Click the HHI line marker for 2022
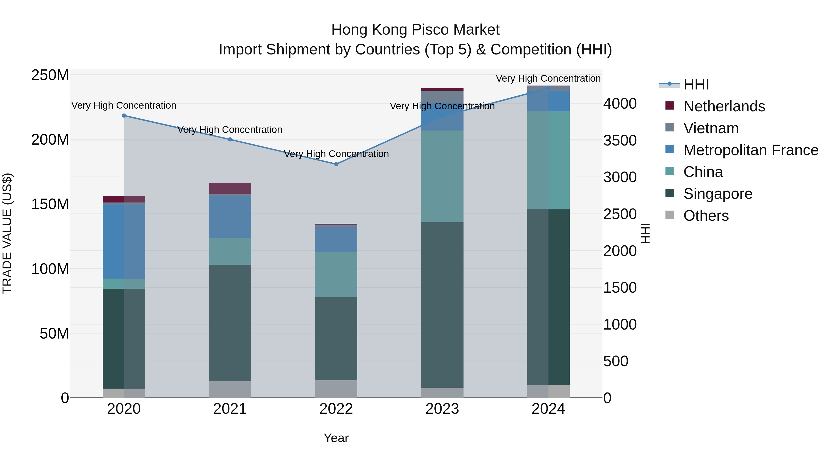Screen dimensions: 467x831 point(336,164)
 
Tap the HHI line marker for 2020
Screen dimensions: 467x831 point(124,115)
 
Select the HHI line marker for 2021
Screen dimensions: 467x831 point(230,140)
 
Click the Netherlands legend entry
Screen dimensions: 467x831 point(724,106)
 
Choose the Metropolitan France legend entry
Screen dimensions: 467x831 point(750,150)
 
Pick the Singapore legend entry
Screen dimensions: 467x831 point(717,194)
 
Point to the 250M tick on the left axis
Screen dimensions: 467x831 point(50,75)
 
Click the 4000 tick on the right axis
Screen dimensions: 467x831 point(620,104)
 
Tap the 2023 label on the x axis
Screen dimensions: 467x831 point(442,409)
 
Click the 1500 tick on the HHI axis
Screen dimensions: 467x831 point(620,288)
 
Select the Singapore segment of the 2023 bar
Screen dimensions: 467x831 point(442,305)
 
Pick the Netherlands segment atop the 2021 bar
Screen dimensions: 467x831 point(230,188)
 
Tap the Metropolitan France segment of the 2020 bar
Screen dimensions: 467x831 point(124,241)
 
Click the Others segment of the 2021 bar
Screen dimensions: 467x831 point(230,389)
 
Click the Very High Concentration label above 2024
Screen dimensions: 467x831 point(548,78)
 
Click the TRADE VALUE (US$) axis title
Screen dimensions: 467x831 point(7,233)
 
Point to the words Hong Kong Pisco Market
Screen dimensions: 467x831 point(415,30)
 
